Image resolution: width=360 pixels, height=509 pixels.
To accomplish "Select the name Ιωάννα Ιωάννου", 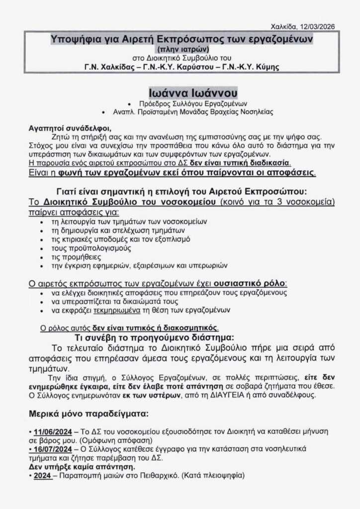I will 193,92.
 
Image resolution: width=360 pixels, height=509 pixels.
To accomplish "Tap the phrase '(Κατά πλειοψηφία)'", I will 215,476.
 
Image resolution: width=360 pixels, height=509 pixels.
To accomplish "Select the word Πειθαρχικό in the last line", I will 159,476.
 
